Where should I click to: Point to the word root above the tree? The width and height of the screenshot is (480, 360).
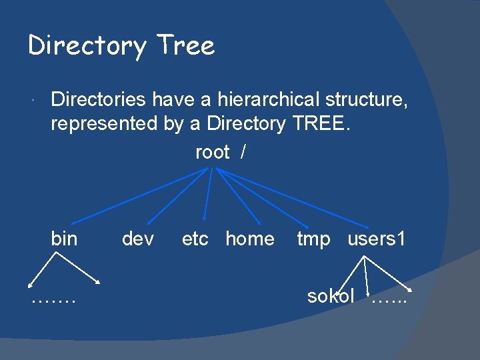(x=212, y=153)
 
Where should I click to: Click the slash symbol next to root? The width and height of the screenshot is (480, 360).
(x=243, y=153)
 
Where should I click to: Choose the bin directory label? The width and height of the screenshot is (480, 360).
(x=64, y=239)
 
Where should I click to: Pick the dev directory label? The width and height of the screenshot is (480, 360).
(x=138, y=239)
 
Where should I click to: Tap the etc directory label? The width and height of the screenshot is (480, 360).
(x=195, y=239)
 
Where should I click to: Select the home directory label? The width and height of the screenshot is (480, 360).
(x=250, y=239)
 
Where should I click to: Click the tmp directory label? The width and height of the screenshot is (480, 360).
(x=313, y=239)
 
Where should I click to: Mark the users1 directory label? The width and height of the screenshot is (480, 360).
(x=377, y=239)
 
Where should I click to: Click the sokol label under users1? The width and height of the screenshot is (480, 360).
(x=331, y=296)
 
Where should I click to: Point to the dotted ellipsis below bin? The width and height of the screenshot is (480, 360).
(x=53, y=298)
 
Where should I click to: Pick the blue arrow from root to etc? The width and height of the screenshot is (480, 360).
(x=208, y=195)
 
